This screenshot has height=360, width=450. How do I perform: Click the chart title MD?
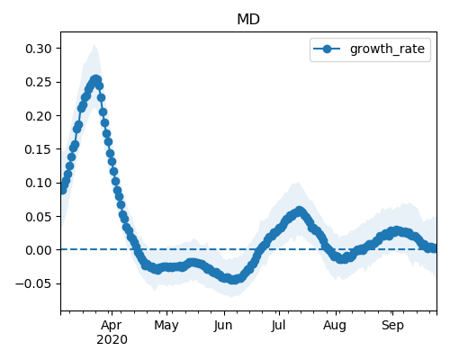tap(248, 20)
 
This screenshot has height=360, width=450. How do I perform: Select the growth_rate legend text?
tap(387, 49)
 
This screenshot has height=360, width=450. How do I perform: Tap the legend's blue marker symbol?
tap(327, 49)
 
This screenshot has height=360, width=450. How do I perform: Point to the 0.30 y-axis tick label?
tap(39, 49)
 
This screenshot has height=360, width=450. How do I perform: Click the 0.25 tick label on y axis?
tap(39, 82)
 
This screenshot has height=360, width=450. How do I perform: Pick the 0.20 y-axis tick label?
tap(39, 116)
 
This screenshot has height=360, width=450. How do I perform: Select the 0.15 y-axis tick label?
tap(39, 149)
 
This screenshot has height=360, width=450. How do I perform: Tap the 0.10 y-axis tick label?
tap(39, 183)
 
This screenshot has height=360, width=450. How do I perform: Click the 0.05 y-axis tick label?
tap(39, 217)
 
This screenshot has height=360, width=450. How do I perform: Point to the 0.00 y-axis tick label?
tap(39, 250)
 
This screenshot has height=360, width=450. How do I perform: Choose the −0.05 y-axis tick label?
tap(33, 283)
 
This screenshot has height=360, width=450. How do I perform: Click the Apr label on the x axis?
tap(112, 326)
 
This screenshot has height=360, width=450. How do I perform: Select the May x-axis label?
tap(166, 326)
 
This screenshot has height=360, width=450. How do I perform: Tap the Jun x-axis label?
tap(223, 326)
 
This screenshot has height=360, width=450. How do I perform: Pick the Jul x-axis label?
tap(278, 326)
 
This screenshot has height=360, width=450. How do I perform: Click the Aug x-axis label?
tap(335, 326)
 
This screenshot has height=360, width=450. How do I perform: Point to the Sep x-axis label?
tap(392, 326)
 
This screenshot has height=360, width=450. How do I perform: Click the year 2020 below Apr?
tap(112, 340)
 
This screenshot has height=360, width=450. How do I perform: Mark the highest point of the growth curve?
tap(95, 80)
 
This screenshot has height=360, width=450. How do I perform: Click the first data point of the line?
tap(62, 190)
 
